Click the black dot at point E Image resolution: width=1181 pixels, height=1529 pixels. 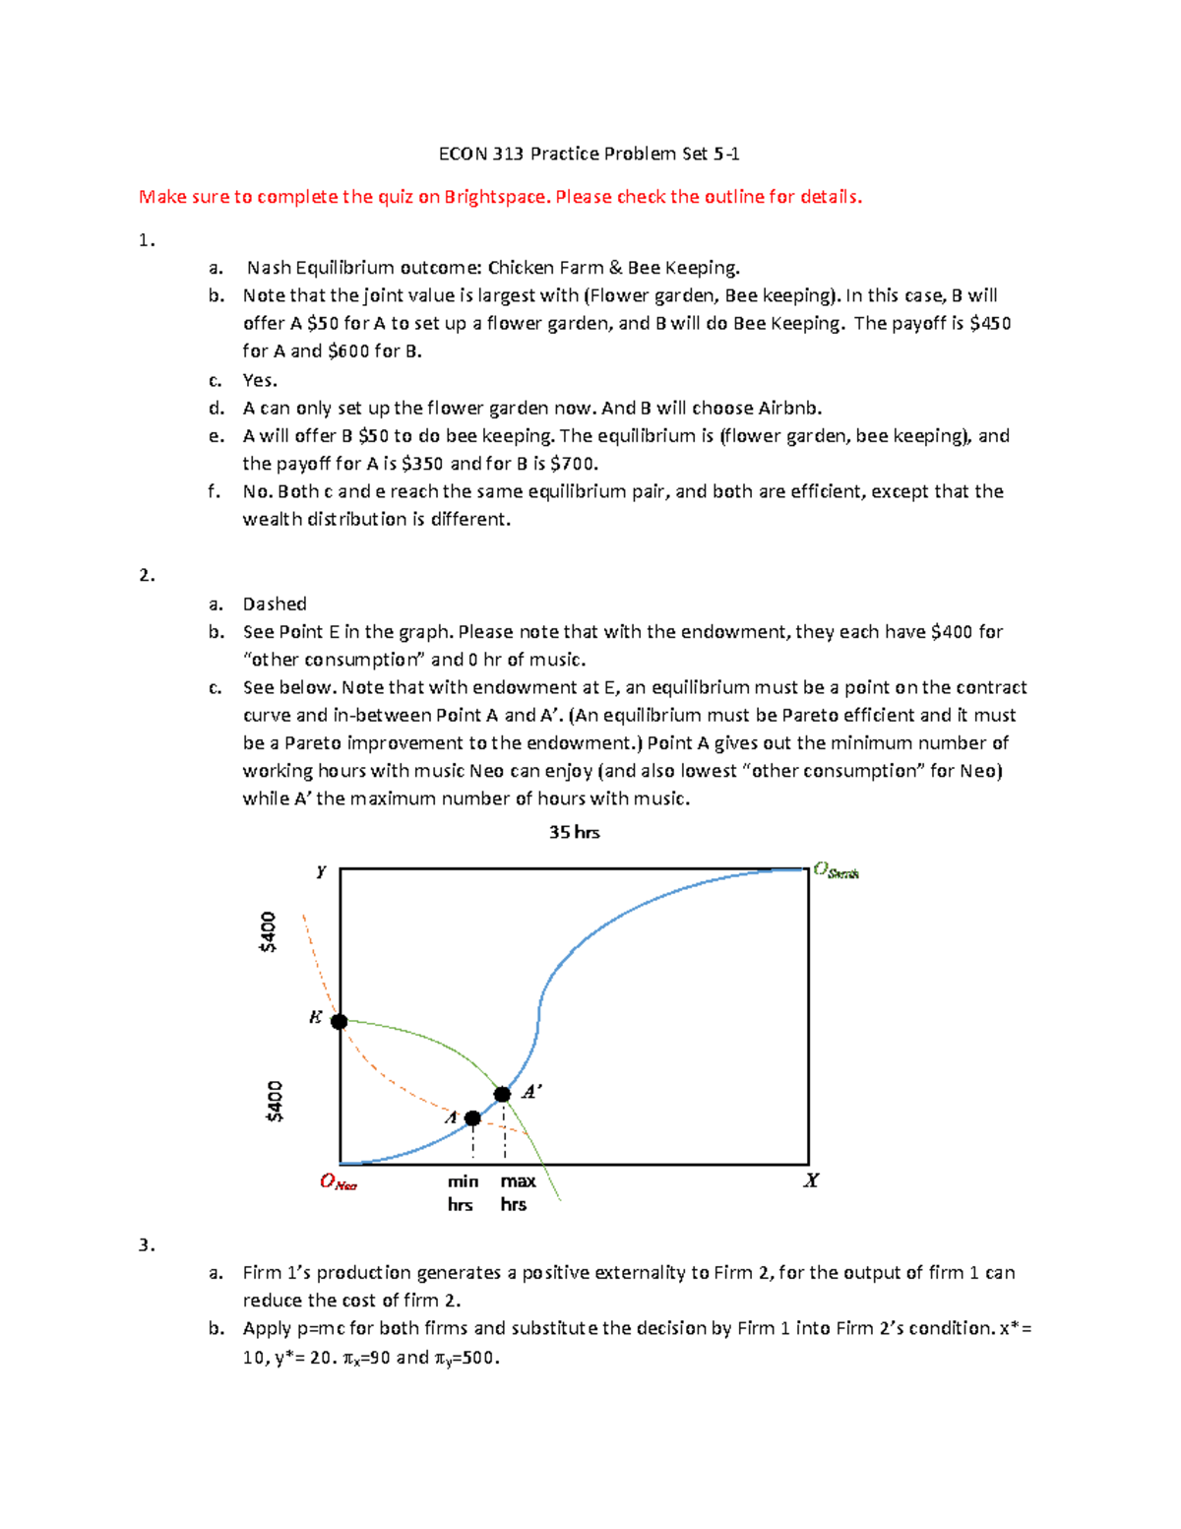[339, 1022]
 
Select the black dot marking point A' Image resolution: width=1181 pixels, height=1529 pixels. [502, 1094]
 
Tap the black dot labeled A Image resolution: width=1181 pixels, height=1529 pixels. [472, 1118]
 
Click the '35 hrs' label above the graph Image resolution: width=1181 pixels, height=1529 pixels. [574, 832]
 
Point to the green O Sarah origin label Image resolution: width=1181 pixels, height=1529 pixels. [836, 870]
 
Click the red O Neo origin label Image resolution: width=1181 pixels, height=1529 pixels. [338, 1181]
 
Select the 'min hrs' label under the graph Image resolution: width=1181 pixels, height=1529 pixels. [462, 1192]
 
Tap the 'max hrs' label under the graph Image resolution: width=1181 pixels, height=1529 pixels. [517, 1192]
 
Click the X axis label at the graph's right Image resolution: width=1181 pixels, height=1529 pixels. [811, 1180]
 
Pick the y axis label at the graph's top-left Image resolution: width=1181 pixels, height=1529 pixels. [321, 871]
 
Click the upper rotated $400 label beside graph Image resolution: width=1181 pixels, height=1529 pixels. [268, 931]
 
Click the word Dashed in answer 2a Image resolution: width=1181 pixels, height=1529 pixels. [275, 605]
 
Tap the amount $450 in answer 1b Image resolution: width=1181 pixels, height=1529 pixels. [990, 324]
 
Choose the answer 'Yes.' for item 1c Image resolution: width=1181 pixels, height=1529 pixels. [260, 381]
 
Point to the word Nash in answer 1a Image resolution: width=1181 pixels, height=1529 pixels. [269, 268]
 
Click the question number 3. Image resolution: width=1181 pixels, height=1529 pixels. [147, 1245]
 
